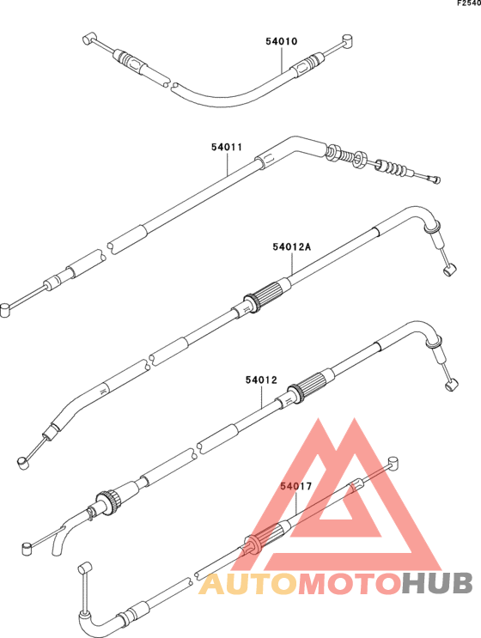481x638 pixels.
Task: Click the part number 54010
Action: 282,41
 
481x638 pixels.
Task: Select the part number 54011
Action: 227,147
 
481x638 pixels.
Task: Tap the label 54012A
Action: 292,246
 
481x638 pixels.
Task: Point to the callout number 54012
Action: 261,380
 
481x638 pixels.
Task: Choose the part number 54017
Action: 295,486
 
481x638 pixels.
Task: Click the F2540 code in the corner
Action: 469,3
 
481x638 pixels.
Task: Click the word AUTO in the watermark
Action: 249,584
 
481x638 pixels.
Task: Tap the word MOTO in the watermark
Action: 350,584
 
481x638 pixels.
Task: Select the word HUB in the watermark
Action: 437,584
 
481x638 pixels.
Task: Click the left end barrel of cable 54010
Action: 88,39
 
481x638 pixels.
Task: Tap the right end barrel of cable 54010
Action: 347,40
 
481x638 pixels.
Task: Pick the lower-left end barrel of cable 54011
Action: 6,310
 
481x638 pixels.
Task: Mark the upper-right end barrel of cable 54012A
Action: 450,270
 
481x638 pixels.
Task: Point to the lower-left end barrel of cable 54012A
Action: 23,463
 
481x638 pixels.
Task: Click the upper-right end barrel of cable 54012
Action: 452,385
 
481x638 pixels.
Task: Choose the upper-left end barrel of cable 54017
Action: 85,568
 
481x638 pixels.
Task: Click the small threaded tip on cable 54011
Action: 434,179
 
